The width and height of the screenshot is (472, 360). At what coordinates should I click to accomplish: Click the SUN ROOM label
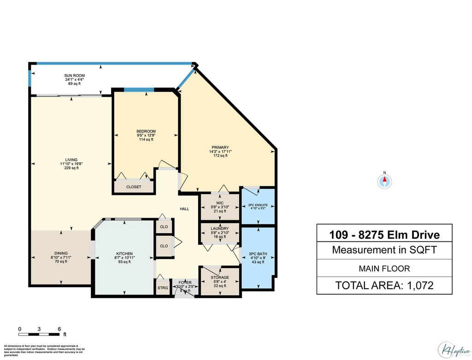coord(75,75)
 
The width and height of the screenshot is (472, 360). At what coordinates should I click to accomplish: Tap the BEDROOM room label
coord(146,131)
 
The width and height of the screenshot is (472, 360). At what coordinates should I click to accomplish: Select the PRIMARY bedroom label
coord(220,148)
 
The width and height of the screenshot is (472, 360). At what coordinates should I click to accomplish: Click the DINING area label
coord(61,253)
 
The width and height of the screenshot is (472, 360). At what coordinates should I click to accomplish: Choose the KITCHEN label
coord(124,254)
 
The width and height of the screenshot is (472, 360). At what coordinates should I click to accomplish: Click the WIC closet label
coord(220,202)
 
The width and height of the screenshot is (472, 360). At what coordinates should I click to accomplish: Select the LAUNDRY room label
coord(220,229)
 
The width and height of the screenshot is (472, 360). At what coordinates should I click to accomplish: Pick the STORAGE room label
coord(220,277)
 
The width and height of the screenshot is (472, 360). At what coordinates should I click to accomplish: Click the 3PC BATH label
coord(258,254)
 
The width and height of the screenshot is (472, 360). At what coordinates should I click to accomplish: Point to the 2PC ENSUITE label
coord(258,205)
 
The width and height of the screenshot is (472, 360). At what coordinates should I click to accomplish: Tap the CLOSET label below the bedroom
coord(134,187)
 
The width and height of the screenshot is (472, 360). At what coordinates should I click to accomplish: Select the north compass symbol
coord(384,181)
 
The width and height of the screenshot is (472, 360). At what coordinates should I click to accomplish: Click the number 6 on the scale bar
coord(59,329)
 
